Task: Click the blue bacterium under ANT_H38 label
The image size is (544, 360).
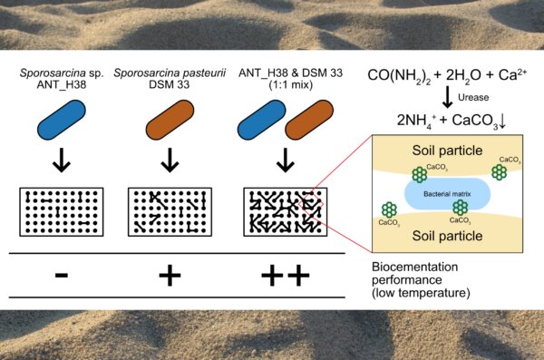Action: click(62, 120)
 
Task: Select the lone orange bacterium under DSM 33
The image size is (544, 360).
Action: click(170, 120)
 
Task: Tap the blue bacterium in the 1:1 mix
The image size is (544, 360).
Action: click(261, 120)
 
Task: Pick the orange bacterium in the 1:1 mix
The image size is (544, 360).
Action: click(309, 120)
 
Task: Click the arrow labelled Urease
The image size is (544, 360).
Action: click(448, 97)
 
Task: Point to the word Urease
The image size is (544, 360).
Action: click(473, 97)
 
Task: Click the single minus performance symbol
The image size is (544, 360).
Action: click(62, 276)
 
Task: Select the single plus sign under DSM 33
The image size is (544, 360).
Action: click(170, 276)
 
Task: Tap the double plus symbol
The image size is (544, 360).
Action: click(286, 276)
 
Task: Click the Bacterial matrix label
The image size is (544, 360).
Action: click(447, 194)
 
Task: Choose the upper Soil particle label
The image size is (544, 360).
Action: click(447, 151)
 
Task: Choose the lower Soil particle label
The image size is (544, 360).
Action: click(447, 236)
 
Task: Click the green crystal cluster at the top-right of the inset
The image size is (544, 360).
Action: click(499, 172)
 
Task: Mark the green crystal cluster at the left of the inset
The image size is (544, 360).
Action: click(389, 210)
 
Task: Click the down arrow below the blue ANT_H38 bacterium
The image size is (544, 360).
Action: click(62, 160)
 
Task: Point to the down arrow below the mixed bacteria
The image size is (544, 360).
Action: click(286, 160)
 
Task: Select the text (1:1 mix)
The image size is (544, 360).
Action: click(291, 84)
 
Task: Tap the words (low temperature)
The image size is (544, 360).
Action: click(421, 293)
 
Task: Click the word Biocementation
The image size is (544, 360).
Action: click(415, 267)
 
